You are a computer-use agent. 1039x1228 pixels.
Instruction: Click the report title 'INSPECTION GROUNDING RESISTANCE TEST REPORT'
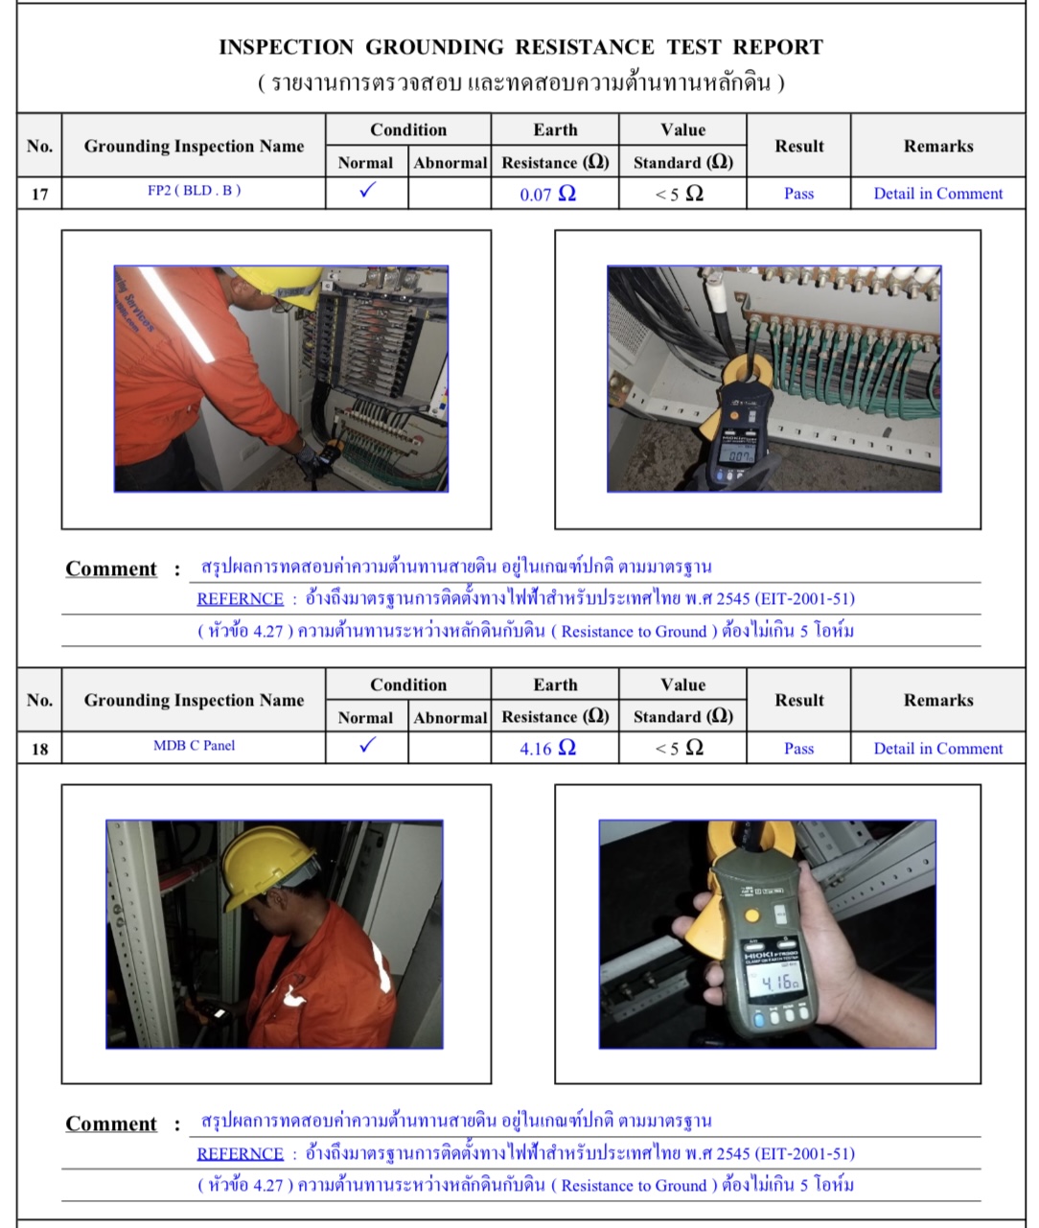point(520,47)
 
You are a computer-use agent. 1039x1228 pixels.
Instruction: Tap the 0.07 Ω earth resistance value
point(547,194)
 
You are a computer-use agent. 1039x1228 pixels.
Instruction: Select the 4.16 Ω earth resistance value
point(547,749)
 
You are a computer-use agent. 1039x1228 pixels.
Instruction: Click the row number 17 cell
point(39,194)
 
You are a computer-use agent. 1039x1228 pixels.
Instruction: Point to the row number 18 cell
point(39,749)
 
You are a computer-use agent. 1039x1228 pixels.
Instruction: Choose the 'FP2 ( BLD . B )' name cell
point(194,191)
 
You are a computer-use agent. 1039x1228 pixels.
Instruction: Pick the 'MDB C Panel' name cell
point(194,746)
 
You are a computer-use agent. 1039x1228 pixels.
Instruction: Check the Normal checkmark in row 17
point(367,191)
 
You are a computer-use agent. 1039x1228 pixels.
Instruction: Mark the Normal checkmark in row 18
point(367,746)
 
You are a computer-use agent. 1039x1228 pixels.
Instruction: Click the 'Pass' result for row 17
point(798,194)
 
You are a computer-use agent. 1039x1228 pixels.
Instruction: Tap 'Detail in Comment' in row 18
point(937,749)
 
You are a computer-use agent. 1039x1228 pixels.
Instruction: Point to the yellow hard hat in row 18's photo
point(267,864)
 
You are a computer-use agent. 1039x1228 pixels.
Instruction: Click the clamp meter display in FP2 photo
point(740,456)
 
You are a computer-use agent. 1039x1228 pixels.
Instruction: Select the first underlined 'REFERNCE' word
point(240,599)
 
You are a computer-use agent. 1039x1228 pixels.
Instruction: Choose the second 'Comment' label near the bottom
point(111,1124)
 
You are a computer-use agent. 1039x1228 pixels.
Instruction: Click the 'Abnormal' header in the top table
point(450,163)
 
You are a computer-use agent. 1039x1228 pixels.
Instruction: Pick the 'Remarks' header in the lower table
point(937,701)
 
